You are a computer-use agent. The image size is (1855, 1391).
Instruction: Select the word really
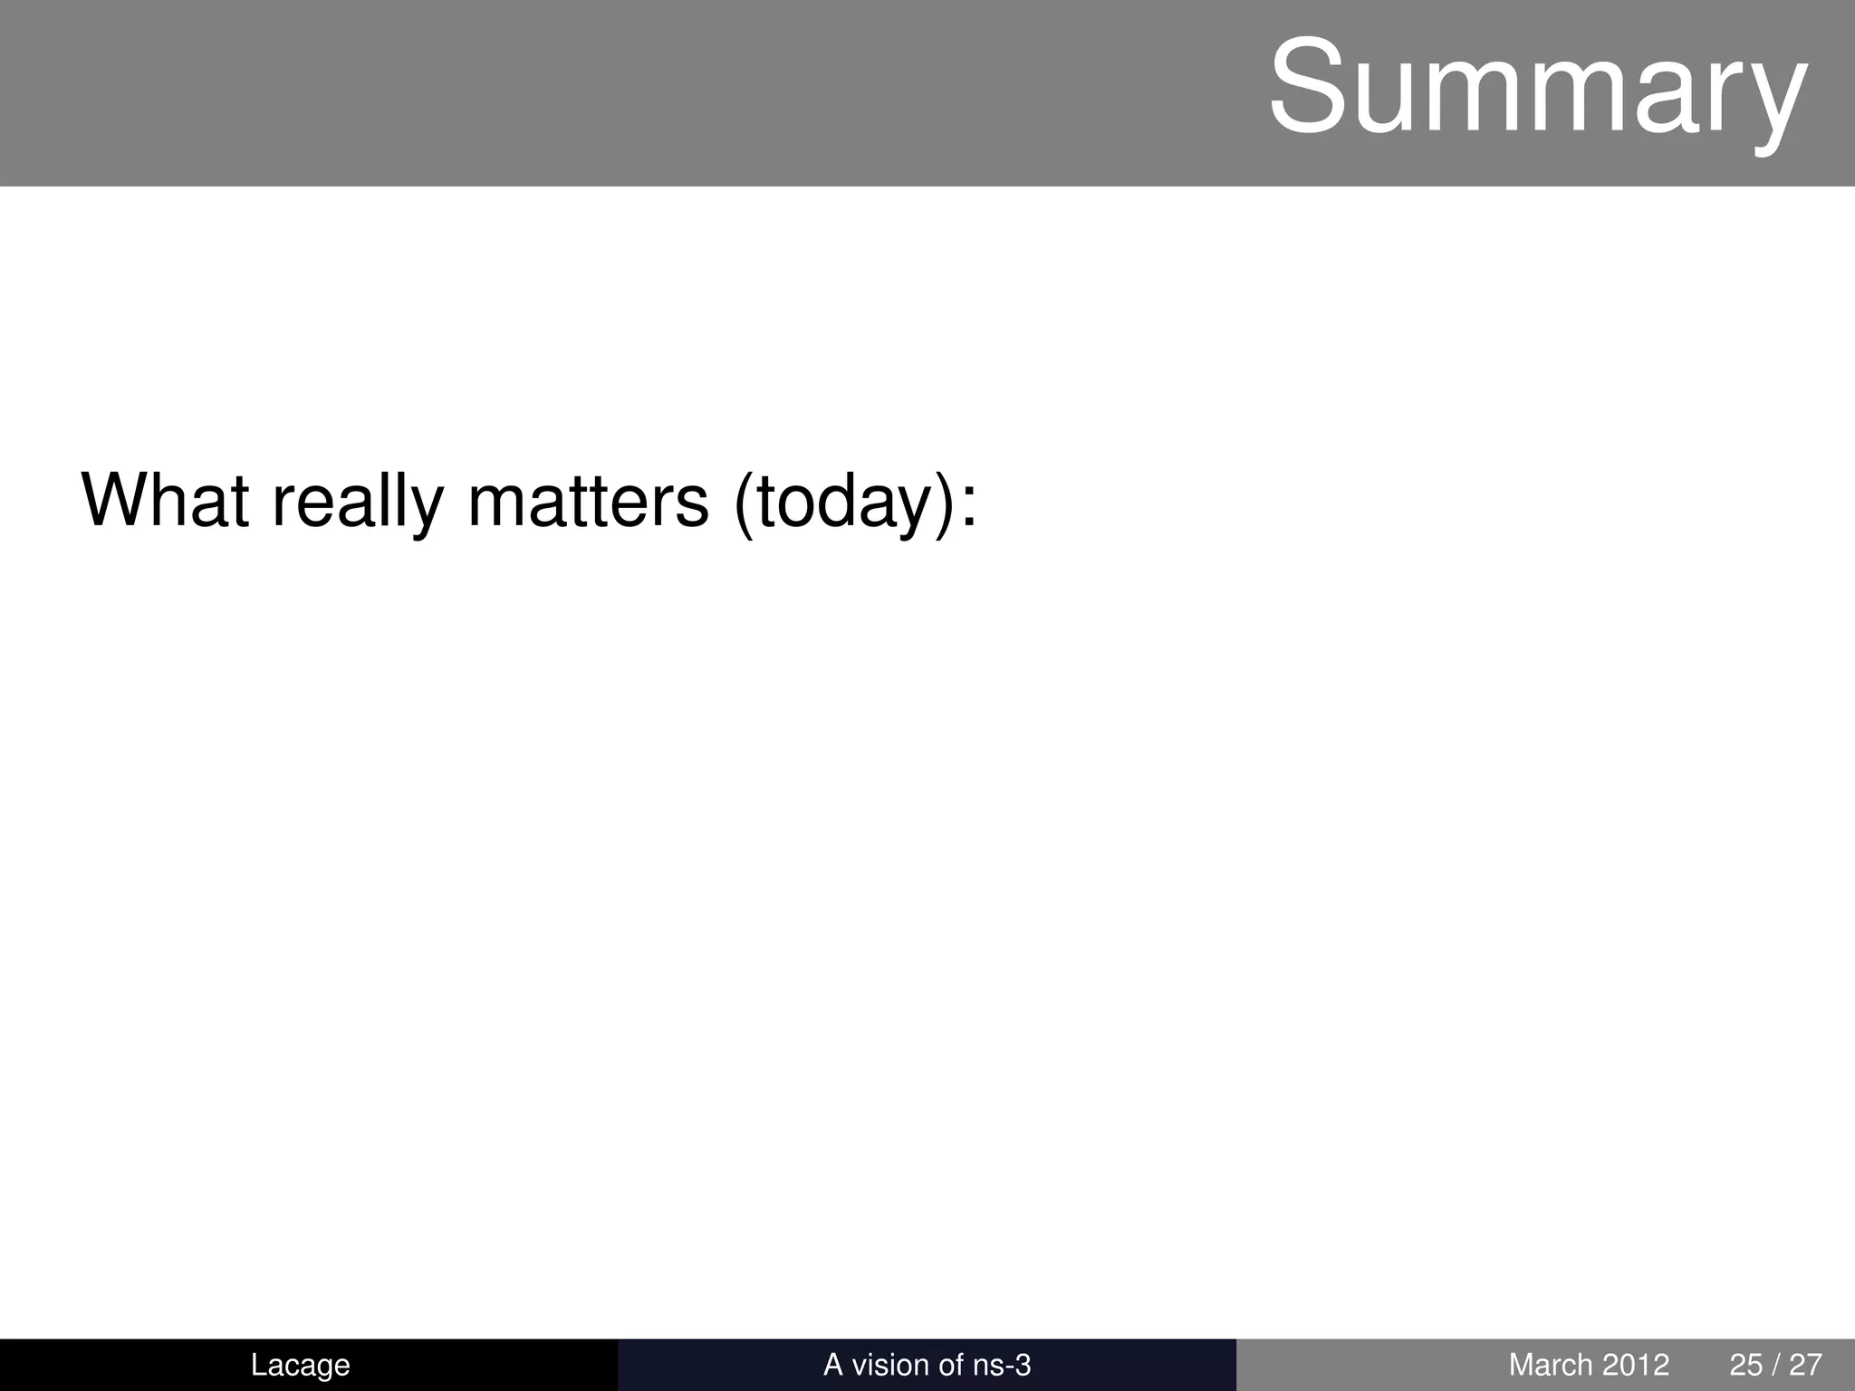pos(359,502)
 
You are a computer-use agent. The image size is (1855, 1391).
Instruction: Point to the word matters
pos(588,500)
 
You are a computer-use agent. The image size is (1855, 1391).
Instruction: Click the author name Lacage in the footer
pos(300,1365)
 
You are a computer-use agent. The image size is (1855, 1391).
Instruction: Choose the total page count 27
pos(1805,1365)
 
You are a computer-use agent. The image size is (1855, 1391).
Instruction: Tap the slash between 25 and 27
pos(1776,1365)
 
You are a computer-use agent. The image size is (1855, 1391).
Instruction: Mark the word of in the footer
pos(951,1365)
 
